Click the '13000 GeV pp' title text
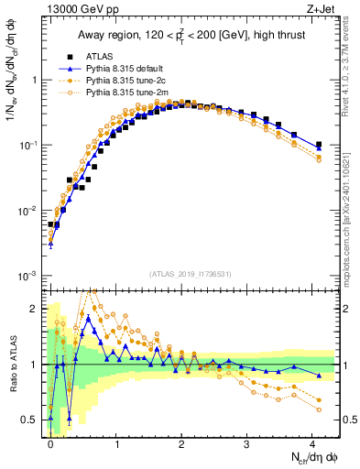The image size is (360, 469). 77,9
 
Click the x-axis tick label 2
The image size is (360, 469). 181,442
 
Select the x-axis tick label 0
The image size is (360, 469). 50,442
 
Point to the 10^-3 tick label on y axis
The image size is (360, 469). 27,276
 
